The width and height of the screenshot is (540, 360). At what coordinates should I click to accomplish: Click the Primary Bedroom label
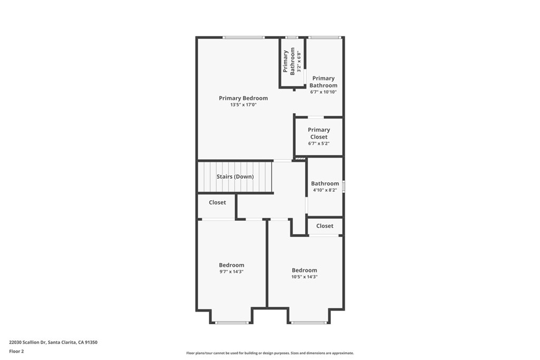click(243, 98)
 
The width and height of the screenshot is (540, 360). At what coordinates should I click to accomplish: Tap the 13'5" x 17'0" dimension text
click(243, 105)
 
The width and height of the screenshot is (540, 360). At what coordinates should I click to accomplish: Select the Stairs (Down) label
click(235, 177)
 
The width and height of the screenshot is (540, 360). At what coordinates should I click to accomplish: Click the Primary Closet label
click(319, 133)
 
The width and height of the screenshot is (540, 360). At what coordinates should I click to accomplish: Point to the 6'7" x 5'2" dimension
click(319, 143)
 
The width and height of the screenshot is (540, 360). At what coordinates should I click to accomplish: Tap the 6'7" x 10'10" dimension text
click(323, 92)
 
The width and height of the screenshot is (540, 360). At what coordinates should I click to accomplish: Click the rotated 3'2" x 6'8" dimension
click(298, 61)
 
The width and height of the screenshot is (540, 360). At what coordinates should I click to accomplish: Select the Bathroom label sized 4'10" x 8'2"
click(325, 183)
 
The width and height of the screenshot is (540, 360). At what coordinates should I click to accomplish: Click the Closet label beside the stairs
click(217, 202)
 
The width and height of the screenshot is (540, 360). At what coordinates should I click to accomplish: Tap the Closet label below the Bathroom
click(324, 226)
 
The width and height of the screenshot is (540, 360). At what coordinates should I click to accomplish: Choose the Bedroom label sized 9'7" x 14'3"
click(232, 265)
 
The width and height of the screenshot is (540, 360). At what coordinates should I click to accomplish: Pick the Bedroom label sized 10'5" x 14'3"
click(304, 270)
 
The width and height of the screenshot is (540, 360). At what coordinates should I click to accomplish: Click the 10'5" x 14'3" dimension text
click(304, 277)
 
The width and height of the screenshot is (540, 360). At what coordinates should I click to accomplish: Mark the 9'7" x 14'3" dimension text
click(232, 272)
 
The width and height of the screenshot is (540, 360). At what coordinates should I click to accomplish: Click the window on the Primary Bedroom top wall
click(243, 37)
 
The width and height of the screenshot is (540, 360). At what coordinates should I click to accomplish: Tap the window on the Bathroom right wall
click(343, 186)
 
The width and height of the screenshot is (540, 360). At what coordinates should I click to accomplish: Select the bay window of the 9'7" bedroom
click(232, 322)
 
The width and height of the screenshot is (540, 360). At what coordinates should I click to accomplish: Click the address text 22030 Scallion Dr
click(53, 342)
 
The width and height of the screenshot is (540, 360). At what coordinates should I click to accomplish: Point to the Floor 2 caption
click(17, 351)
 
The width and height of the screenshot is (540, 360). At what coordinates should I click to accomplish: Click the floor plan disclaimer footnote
click(270, 353)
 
